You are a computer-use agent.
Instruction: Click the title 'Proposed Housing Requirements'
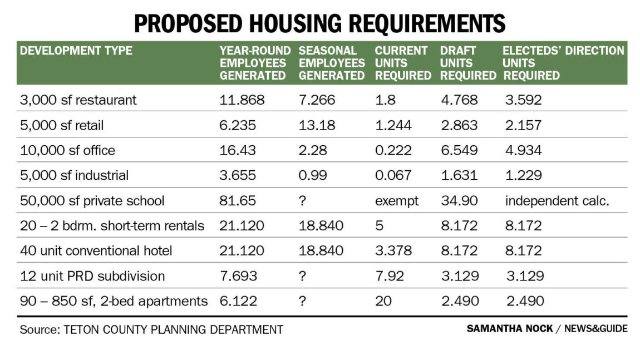tap(319, 23)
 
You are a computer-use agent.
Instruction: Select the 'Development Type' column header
tap(76, 51)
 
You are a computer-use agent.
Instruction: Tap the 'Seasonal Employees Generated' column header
tap(332, 63)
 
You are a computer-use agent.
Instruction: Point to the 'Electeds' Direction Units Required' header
tap(563, 63)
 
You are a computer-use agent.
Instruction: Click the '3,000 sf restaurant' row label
tap(78, 100)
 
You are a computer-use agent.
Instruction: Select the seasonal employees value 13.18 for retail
tap(317, 125)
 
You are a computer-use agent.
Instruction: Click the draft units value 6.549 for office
tap(459, 150)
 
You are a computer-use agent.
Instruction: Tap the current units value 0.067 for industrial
tap(393, 175)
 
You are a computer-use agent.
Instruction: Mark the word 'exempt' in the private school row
tap(397, 201)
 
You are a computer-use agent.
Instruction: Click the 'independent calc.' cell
tap(557, 201)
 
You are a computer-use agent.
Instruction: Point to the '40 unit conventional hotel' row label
tap(96, 251)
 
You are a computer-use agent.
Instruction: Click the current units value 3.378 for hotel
tap(393, 251)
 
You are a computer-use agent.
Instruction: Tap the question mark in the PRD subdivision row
tap(303, 276)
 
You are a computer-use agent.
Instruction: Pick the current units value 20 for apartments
tap(383, 301)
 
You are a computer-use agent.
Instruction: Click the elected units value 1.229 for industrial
tap(523, 175)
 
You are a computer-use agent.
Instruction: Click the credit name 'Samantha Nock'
tap(510, 329)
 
